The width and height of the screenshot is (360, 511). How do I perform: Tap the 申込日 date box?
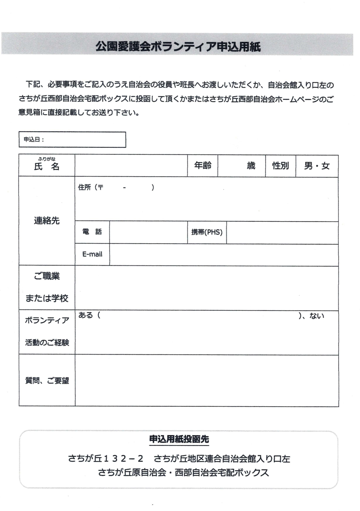click(72, 140)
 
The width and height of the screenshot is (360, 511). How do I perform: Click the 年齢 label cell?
click(202, 166)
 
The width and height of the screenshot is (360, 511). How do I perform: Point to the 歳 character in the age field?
click(251, 166)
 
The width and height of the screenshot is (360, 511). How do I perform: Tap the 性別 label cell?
click(280, 166)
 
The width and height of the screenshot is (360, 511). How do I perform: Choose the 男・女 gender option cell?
click(317, 166)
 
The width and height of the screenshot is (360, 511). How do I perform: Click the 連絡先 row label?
click(47, 221)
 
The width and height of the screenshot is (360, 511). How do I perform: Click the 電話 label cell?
click(92, 233)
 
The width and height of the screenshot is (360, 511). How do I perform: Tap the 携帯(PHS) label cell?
click(207, 233)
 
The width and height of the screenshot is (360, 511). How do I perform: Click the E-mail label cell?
click(92, 255)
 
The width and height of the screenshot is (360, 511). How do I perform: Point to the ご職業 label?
click(47, 277)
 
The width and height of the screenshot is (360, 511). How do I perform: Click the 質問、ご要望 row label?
click(47, 380)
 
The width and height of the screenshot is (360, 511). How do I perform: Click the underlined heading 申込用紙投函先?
click(179, 439)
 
